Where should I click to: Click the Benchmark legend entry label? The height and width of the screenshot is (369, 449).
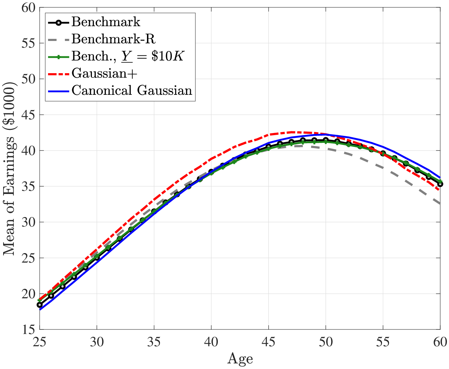click(x=106, y=22)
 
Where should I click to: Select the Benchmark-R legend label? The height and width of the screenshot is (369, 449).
click(x=113, y=39)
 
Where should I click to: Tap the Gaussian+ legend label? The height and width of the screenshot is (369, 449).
click(x=104, y=73)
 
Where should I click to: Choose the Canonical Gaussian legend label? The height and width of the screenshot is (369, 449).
click(x=132, y=90)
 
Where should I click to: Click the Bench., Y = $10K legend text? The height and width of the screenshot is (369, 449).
click(x=128, y=56)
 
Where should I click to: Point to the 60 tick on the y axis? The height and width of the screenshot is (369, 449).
click(x=28, y=8)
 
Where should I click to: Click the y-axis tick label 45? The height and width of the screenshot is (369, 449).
click(x=28, y=115)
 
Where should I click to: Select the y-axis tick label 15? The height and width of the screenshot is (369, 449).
click(x=28, y=330)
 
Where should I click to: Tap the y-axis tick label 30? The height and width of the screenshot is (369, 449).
click(x=28, y=222)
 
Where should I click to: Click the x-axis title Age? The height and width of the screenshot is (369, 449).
click(x=240, y=359)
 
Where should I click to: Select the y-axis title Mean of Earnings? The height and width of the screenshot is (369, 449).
click(x=9, y=169)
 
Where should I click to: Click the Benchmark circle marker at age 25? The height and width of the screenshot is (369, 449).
click(x=40, y=305)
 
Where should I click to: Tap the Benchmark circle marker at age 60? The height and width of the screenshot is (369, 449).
click(x=440, y=184)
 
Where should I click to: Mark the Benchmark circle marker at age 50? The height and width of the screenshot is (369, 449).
click(x=326, y=140)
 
